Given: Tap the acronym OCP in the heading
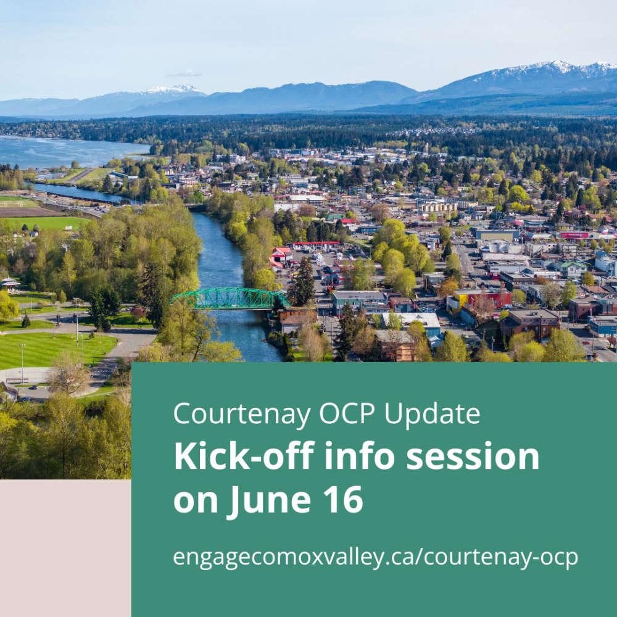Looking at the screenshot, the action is tap(347, 413).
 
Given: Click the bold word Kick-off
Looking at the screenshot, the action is tap(244, 456).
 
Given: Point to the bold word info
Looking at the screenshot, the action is tap(359, 456).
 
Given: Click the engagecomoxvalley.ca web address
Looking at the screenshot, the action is tap(375, 558).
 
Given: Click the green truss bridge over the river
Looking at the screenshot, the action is tap(230, 298).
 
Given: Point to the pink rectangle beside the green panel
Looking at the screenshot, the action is tap(65, 548).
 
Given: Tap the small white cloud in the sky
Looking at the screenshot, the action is tap(184, 73).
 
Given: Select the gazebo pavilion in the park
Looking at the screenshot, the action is tap(9, 283).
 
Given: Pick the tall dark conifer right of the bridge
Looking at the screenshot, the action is tap(302, 282).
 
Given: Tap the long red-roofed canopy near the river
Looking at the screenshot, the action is tap(315, 244).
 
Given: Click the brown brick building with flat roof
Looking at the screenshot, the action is tap(530, 323).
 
